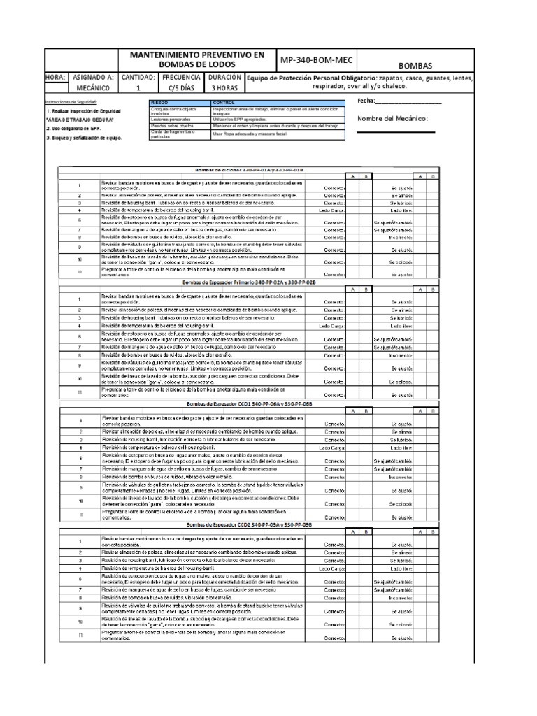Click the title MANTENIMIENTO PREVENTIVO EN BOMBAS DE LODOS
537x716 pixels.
(x=198, y=59)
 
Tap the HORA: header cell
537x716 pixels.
(x=55, y=78)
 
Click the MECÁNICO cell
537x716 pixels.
(x=93, y=89)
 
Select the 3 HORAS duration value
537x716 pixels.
(x=224, y=89)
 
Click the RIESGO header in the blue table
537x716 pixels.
(x=161, y=102)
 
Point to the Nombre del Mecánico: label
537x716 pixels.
(x=392, y=118)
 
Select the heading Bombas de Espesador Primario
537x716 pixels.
(x=248, y=282)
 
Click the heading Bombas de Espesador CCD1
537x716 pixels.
(x=248, y=404)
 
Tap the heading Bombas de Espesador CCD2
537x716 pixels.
(x=248, y=524)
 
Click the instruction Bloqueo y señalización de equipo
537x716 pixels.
(x=84, y=138)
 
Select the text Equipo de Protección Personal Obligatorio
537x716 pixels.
(x=312, y=78)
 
